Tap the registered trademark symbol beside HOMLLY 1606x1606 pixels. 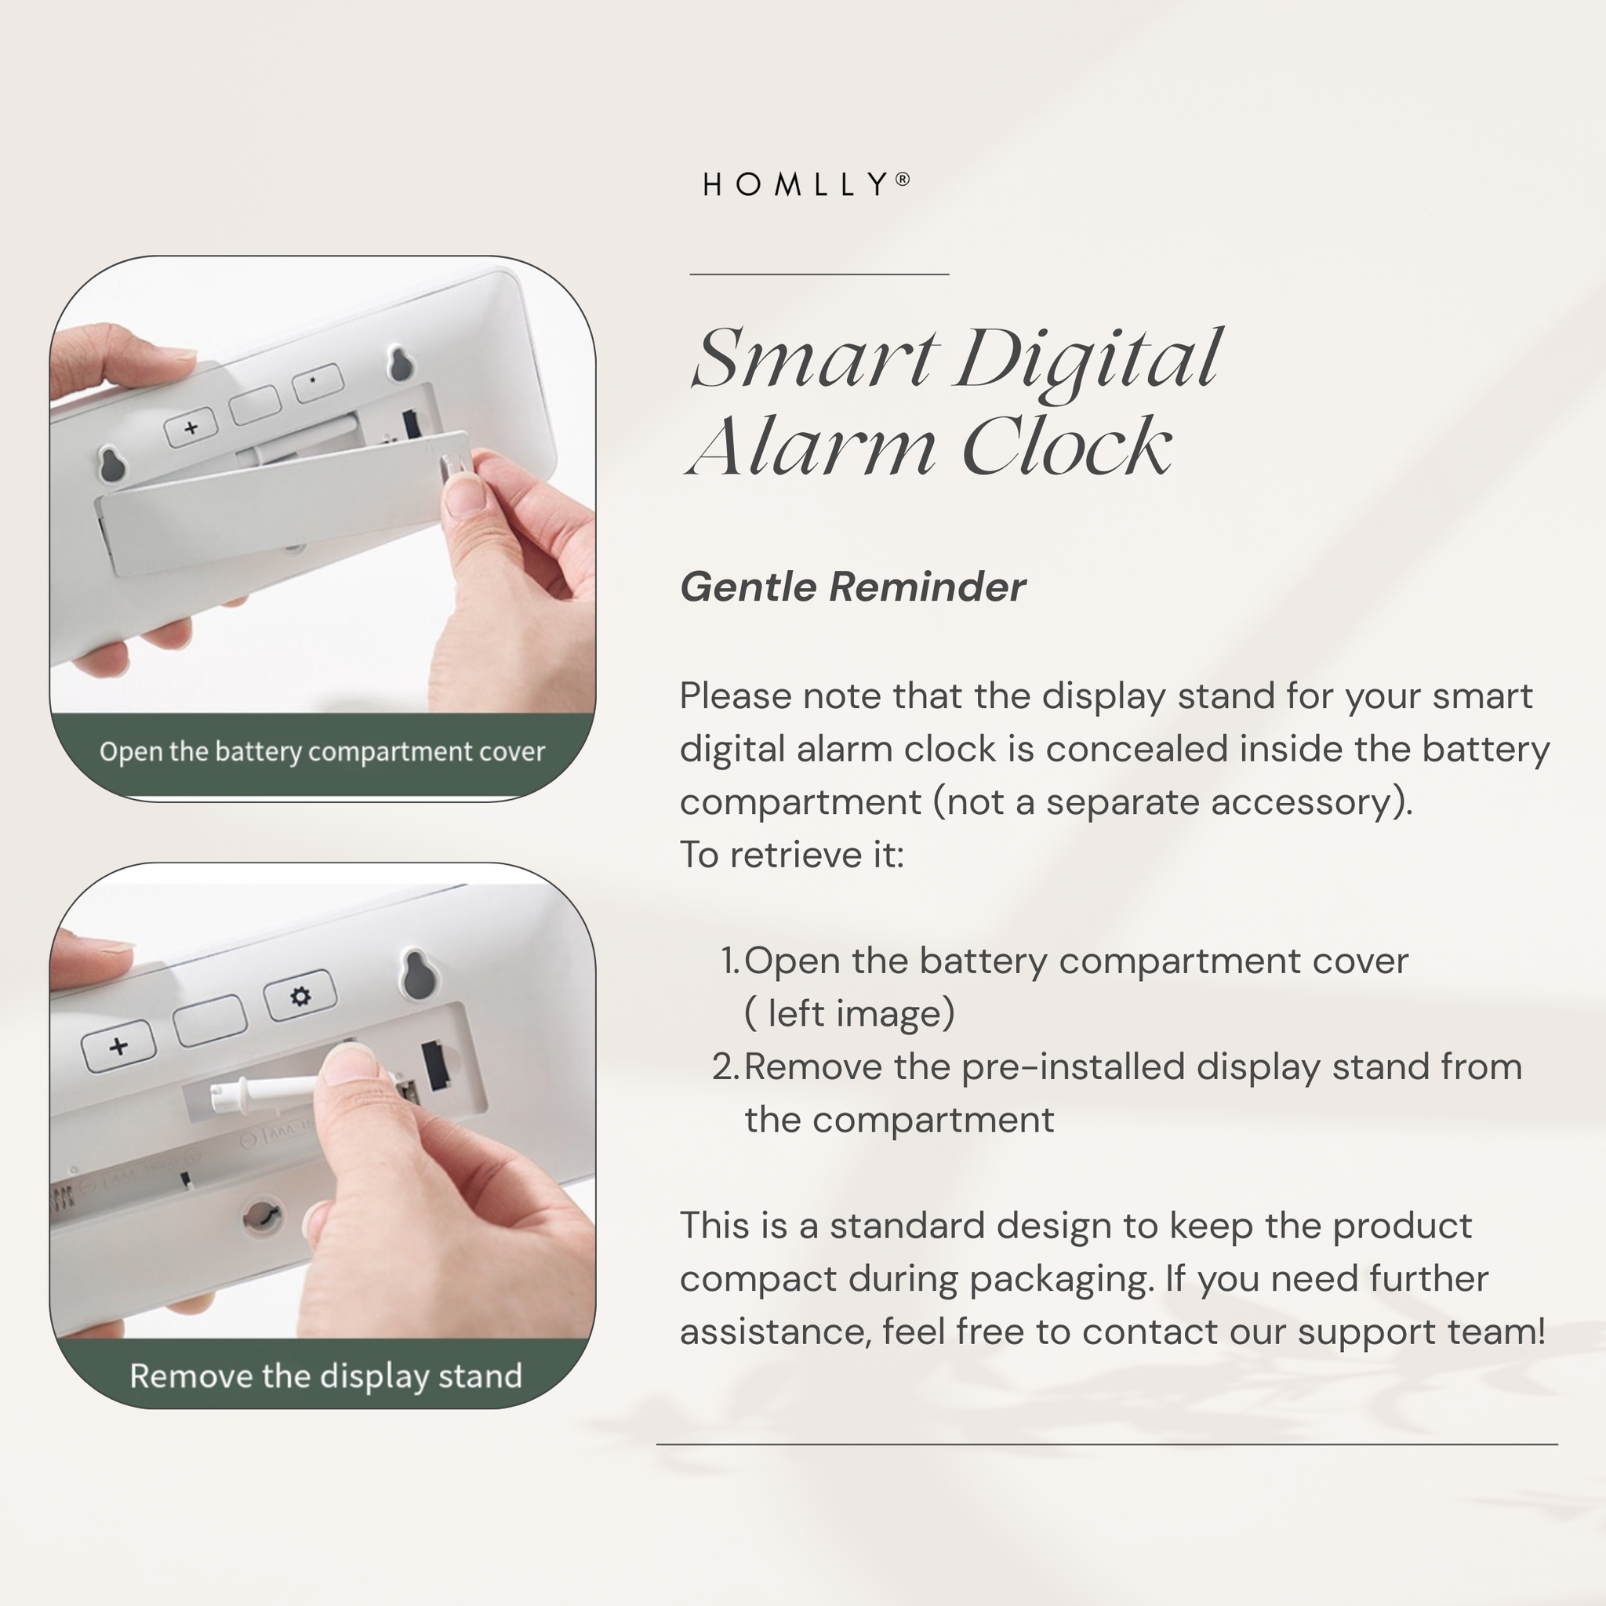coord(903,179)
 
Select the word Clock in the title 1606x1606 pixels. coord(1066,446)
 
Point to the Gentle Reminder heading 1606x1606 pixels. coord(853,587)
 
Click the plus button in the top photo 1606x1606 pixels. coord(191,428)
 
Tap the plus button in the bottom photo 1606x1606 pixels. coord(119,1045)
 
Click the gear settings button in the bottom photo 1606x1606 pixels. coord(300,995)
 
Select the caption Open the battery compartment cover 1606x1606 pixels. coord(322,752)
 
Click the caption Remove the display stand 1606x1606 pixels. coord(326,1375)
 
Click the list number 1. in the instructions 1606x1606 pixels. coord(730,961)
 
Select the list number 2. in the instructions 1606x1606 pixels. coord(725,1066)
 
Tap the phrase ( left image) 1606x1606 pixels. coord(849,1014)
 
